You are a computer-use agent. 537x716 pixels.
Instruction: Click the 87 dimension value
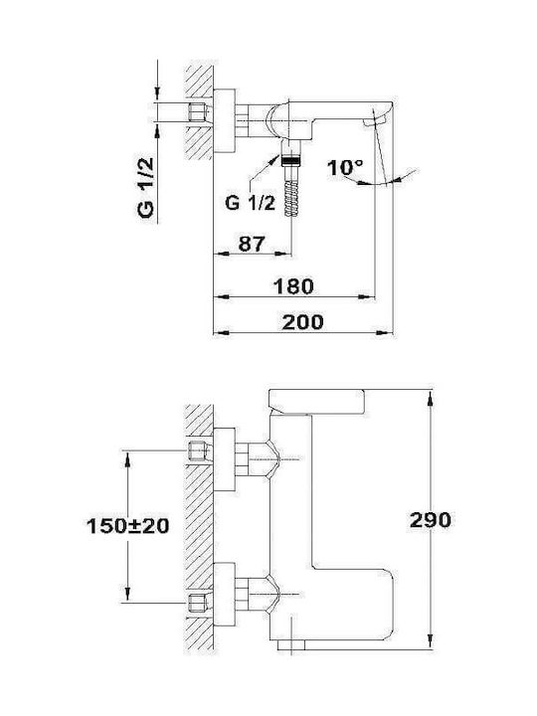(252, 244)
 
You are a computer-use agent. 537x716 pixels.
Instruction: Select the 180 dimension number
(293, 286)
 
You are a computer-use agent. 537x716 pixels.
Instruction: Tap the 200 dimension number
(302, 322)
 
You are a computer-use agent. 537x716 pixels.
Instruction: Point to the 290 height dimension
(431, 520)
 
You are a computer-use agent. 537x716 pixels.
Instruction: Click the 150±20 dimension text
(128, 526)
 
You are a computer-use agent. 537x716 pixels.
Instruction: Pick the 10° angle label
(345, 168)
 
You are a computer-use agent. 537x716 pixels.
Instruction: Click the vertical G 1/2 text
(146, 188)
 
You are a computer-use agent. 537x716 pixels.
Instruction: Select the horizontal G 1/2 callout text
(251, 202)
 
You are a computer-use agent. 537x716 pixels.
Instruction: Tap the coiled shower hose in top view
(291, 198)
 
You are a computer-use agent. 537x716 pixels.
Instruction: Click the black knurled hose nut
(291, 160)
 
